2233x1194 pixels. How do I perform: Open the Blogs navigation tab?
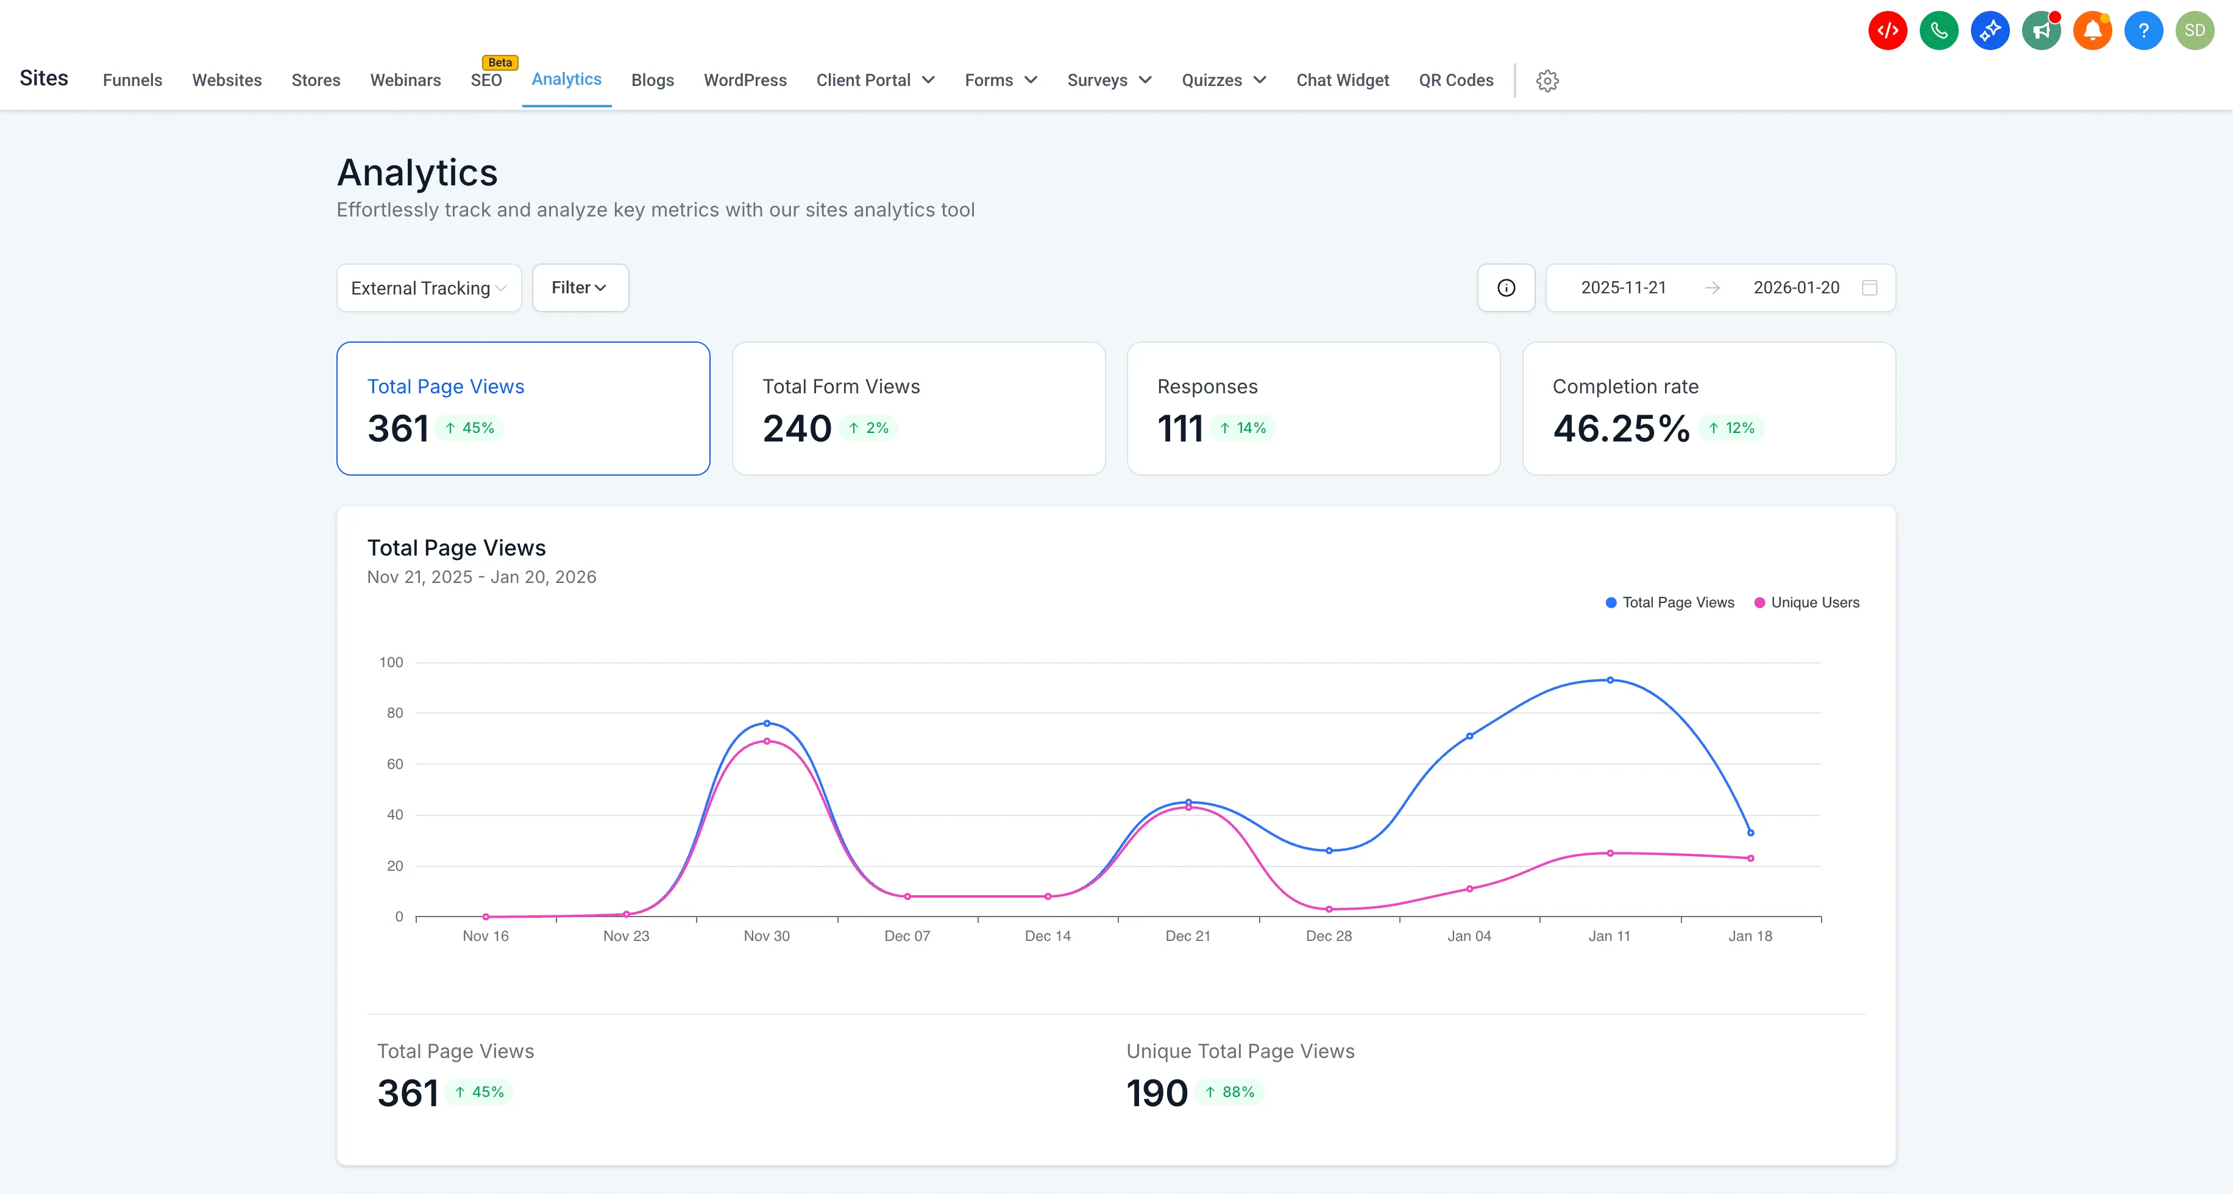(x=652, y=80)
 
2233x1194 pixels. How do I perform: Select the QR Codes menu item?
(x=1455, y=80)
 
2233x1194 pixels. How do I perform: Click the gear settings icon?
(x=1547, y=80)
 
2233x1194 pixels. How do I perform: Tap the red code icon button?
(x=1887, y=30)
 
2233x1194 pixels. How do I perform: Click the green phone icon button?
(x=1938, y=30)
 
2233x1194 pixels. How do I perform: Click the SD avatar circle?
(x=2194, y=30)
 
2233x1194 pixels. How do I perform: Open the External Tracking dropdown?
(x=428, y=288)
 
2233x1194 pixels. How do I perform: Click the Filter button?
(x=579, y=288)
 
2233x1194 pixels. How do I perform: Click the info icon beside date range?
(x=1506, y=288)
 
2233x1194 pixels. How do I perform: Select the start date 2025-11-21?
(x=1623, y=288)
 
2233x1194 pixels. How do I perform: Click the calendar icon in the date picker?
(x=1870, y=288)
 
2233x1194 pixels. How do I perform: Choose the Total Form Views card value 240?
(x=797, y=428)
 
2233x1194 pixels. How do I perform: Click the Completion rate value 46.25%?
(x=1621, y=428)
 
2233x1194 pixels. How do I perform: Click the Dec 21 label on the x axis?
(x=1188, y=935)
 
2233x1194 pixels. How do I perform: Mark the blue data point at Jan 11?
(x=1610, y=680)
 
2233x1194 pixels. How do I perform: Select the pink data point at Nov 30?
(x=766, y=742)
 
